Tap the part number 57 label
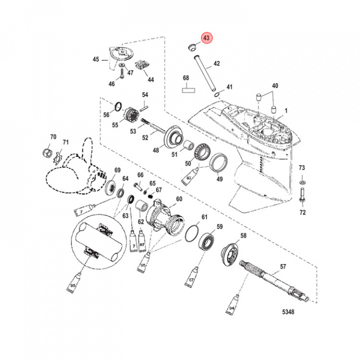coord(282,267)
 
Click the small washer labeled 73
coord(302,179)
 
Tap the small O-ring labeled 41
coord(215,94)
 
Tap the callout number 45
coord(96,60)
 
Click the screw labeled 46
coord(120,74)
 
